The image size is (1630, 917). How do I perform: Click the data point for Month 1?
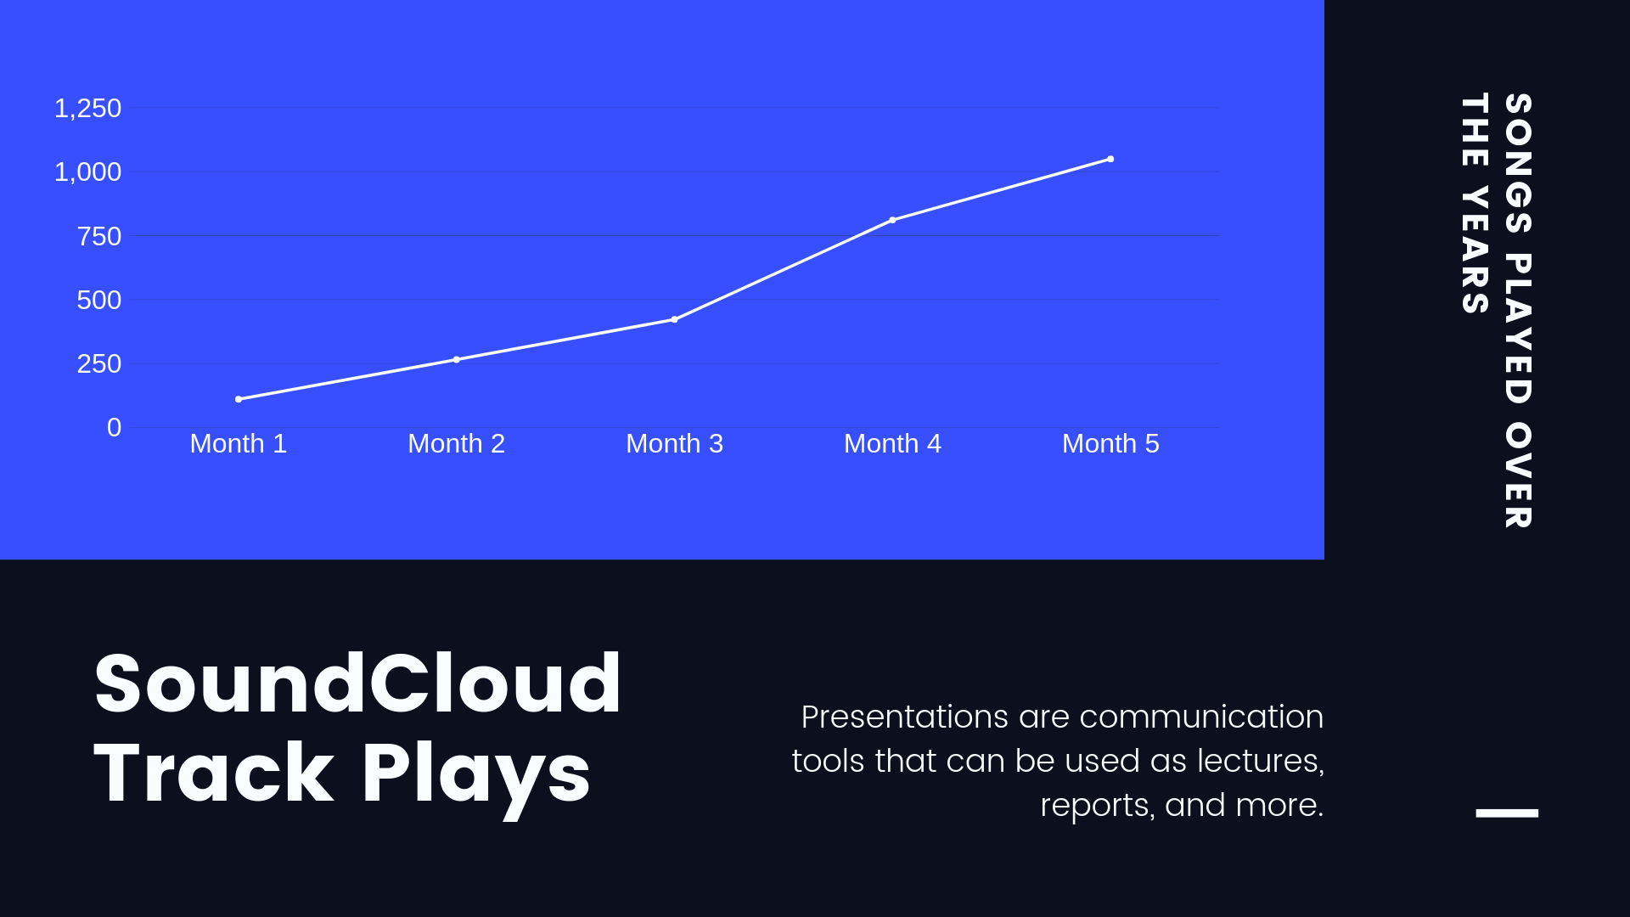tap(239, 399)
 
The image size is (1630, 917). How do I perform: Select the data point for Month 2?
tap(457, 359)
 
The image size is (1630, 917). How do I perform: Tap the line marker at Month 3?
tap(675, 319)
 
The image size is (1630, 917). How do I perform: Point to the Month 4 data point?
tap(892, 220)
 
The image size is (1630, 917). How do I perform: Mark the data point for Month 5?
tap(1110, 159)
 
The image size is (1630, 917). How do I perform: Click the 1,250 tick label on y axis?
tap(87, 109)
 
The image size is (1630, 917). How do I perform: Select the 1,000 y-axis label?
tap(87, 172)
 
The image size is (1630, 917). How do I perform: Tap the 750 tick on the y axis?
tap(98, 236)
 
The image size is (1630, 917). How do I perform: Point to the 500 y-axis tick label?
tap(98, 300)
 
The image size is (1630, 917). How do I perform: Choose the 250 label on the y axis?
tap(98, 363)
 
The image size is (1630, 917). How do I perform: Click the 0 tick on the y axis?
tap(114, 427)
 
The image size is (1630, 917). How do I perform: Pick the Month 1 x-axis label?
tap(239, 443)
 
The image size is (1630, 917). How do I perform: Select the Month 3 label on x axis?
tap(675, 443)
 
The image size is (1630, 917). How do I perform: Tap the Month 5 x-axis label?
tap(1110, 443)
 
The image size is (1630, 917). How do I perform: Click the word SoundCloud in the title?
tap(357, 684)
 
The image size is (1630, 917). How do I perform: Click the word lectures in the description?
tap(1260, 761)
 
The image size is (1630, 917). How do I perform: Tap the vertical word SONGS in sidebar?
tap(1518, 163)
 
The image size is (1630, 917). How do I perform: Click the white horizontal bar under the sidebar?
tap(1507, 813)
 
